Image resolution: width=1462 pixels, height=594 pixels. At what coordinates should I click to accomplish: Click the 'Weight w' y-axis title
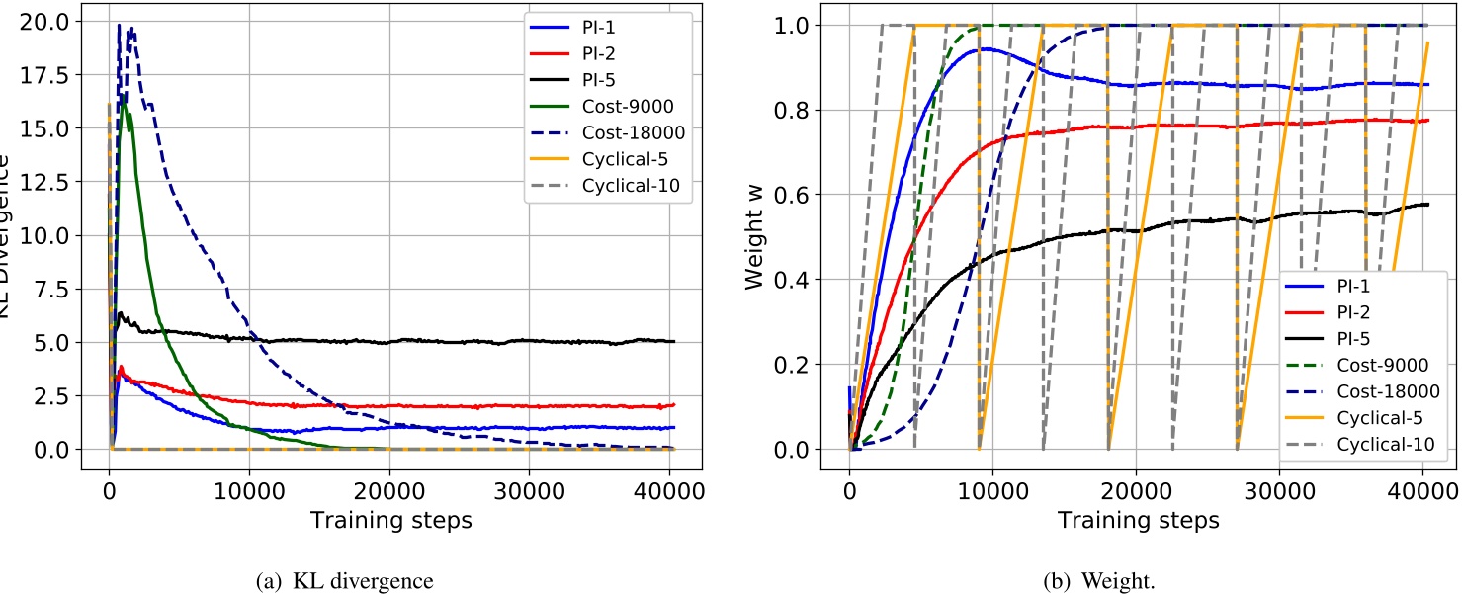756,236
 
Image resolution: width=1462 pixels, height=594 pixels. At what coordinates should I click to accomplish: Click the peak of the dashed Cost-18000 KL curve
120,25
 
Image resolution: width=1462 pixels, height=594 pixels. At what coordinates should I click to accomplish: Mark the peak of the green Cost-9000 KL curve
124,103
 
